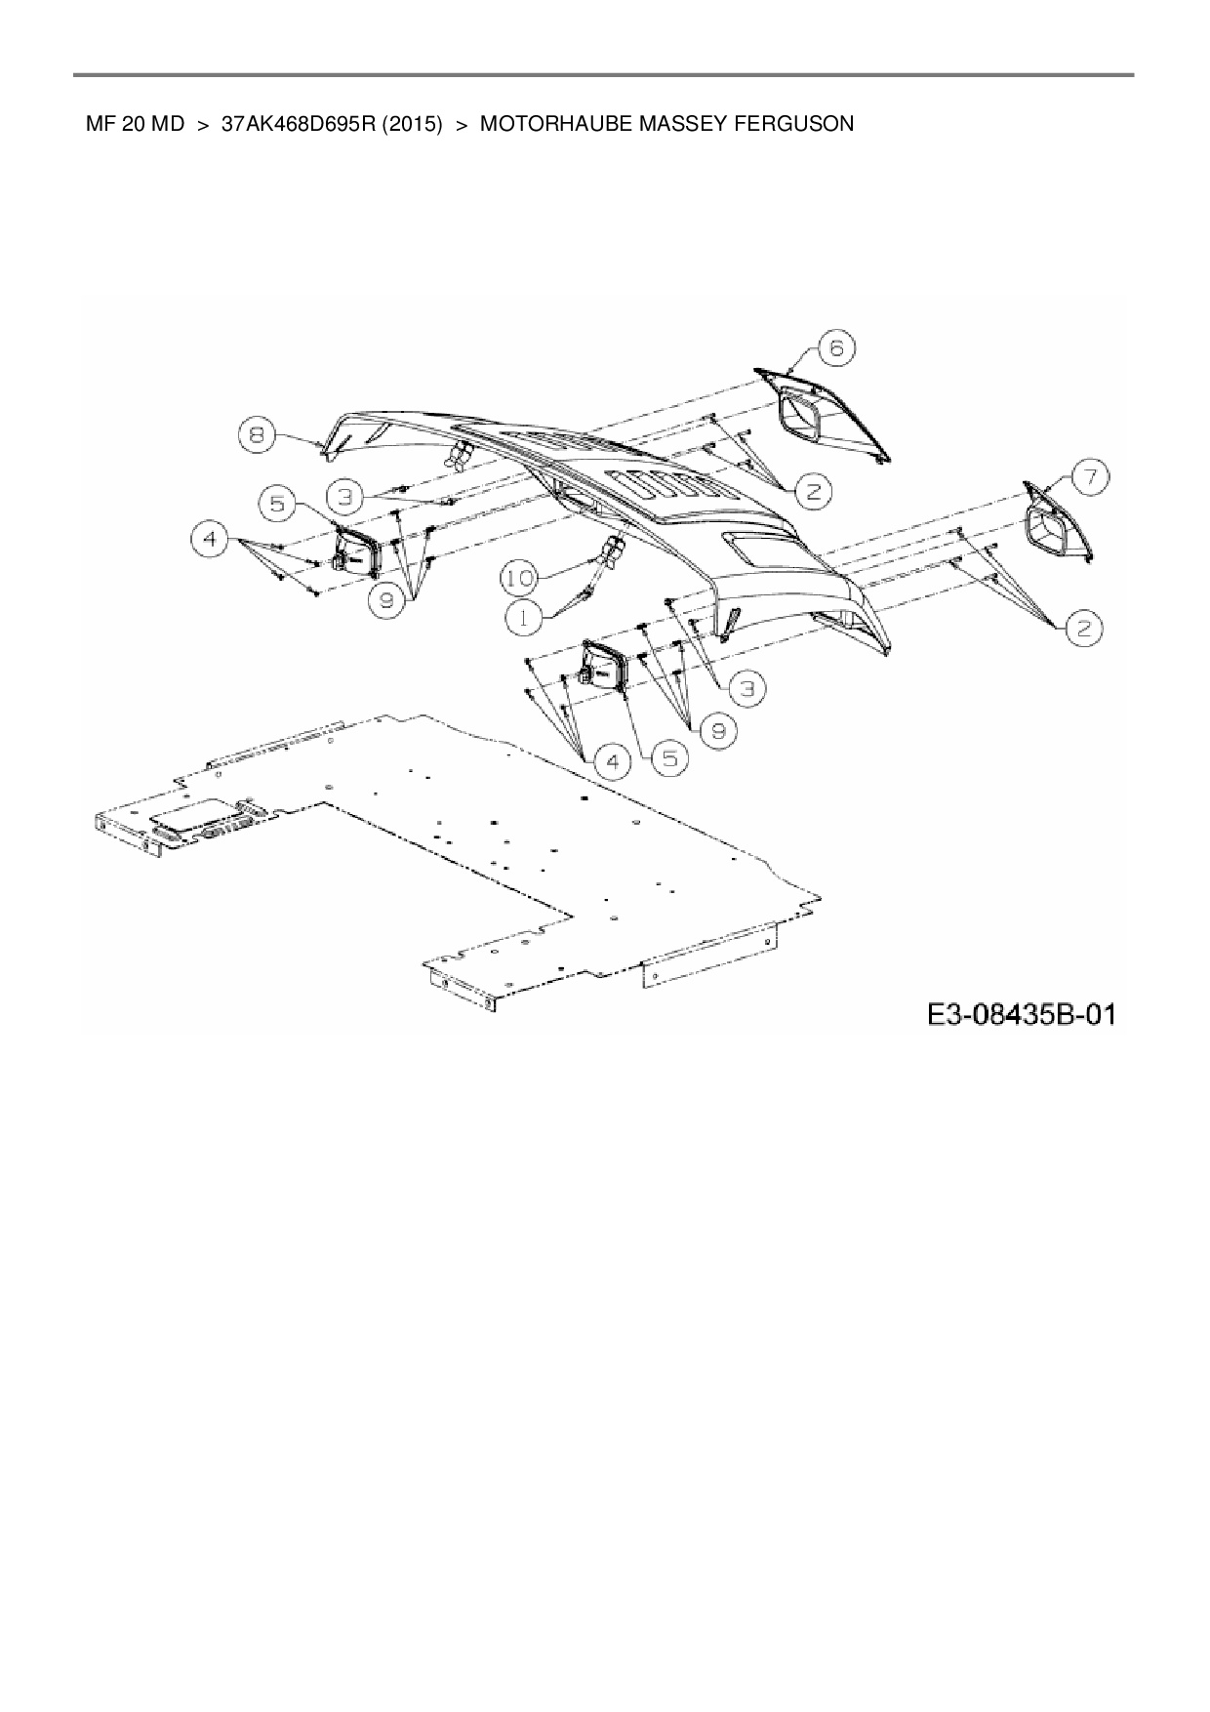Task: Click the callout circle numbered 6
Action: [x=836, y=347]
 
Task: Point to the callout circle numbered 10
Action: [x=519, y=579]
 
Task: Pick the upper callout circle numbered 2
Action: [x=812, y=491]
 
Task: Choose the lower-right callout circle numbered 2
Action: [x=1084, y=630]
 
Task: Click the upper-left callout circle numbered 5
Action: [x=277, y=504]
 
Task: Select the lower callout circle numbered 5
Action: [x=669, y=758]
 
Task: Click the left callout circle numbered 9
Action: [x=387, y=601]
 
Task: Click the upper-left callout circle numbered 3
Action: [x=343, y=495]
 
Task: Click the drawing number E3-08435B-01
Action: [x=1021, y=1016]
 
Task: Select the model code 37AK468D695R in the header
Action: [x=297, y=124]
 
